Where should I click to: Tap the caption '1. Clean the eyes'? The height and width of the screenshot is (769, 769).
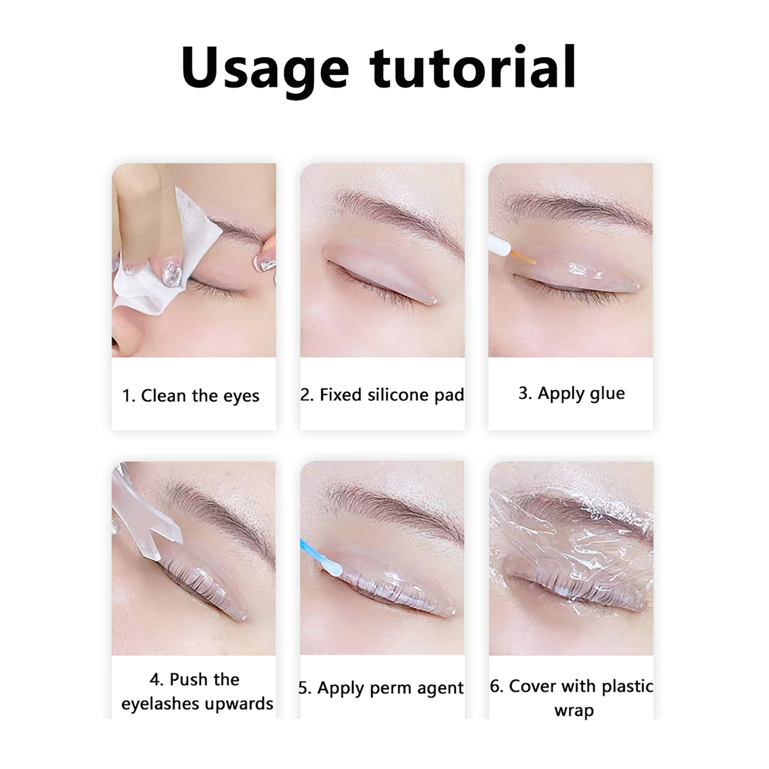[191, 396]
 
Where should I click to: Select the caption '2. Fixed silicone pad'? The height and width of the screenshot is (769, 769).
[383, 395]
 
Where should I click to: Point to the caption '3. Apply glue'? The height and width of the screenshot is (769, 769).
[571, 394]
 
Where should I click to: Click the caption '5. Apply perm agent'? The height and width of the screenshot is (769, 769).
[381, 688]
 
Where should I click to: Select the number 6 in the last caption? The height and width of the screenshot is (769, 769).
[495, 686]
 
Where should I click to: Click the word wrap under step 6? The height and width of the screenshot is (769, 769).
[574, 711]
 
